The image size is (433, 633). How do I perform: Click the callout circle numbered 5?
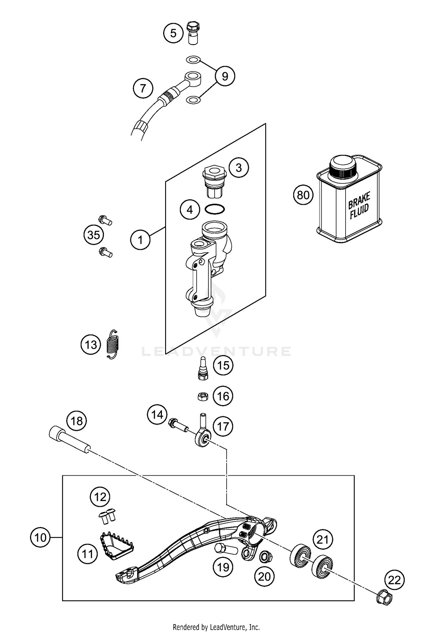173,33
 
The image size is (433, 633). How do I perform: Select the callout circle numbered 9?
225,76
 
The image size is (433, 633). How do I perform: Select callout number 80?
303,195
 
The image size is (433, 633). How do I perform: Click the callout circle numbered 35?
94,235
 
